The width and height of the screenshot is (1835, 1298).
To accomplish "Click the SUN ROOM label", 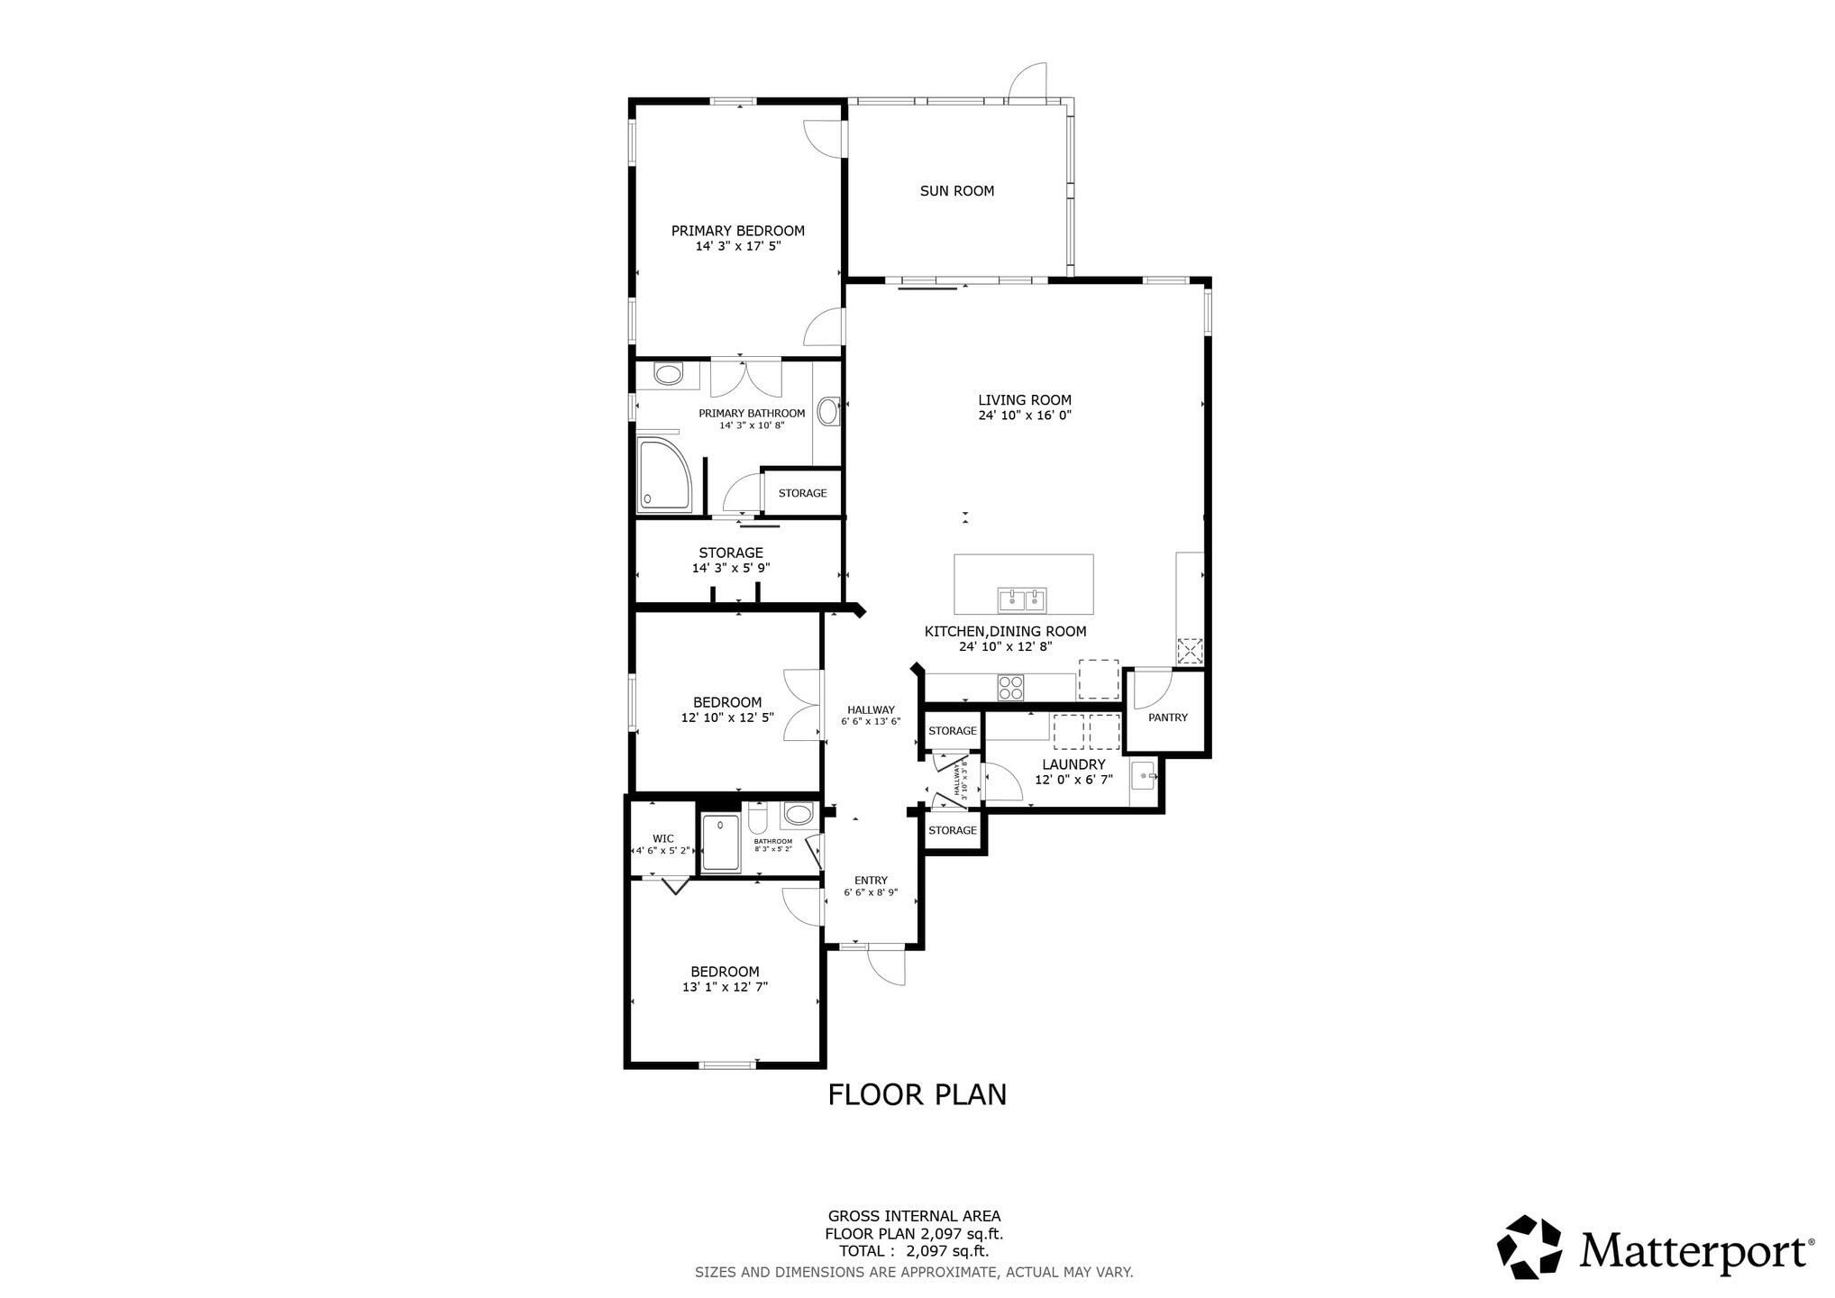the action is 956,191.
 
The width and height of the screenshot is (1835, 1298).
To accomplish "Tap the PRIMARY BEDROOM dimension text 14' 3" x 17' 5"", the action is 737,246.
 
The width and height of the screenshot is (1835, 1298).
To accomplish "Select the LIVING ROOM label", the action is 1025,400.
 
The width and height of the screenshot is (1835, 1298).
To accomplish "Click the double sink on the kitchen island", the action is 1022,599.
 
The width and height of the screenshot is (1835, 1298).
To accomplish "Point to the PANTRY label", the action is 1168,718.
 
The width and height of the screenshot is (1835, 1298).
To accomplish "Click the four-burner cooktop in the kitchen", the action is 1010,687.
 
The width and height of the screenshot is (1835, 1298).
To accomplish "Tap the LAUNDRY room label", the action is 1073,764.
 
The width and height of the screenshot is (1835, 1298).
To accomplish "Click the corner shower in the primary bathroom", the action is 667,476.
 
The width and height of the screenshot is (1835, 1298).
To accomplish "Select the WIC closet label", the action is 662,838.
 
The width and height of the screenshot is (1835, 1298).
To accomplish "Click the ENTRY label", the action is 871,881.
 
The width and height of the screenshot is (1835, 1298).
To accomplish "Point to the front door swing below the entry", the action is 886,965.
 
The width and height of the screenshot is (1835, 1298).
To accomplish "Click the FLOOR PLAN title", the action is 917,1094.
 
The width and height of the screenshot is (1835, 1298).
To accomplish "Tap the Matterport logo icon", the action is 1529,1247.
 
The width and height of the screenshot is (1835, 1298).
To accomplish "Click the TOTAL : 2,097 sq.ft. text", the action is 914,1251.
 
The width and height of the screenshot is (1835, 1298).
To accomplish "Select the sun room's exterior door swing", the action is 1027,81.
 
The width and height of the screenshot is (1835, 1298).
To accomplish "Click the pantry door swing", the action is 1152,690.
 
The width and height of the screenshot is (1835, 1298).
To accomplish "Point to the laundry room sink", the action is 1143,775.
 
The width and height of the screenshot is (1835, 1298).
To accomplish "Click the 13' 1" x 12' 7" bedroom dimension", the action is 725,987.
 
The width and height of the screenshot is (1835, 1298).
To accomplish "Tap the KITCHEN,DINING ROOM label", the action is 1005,632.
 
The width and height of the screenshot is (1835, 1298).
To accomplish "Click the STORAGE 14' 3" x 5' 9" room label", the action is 731,561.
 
